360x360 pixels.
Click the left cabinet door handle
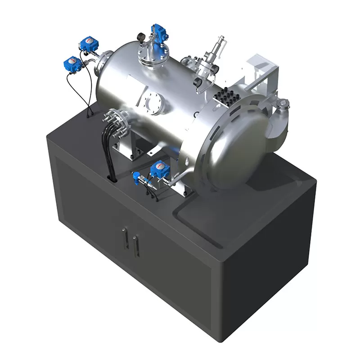125,238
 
